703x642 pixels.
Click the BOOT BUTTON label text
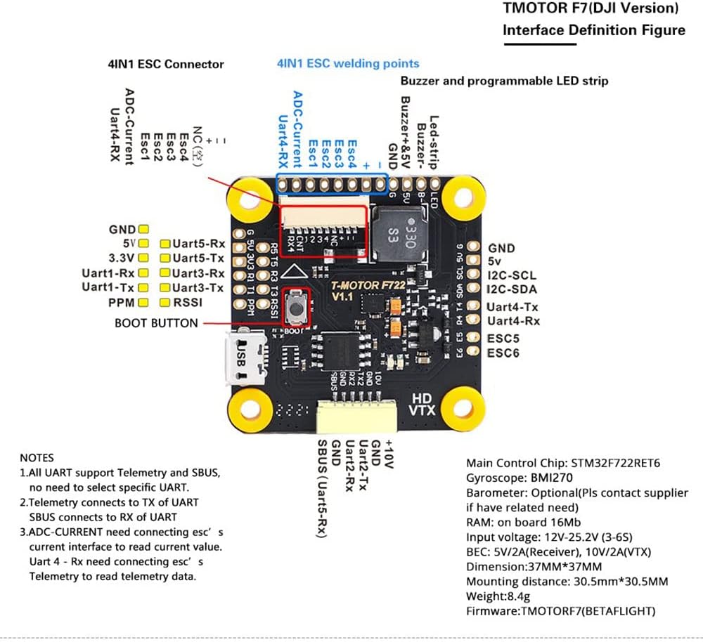157,324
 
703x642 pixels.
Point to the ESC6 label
503,353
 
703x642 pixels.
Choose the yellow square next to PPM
144,303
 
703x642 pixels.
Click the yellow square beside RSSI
165,303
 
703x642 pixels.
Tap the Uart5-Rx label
198,244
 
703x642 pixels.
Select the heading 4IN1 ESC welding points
348,63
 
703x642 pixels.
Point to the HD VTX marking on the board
423,403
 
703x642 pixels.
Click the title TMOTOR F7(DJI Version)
591,9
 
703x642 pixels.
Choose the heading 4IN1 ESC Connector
161,64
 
